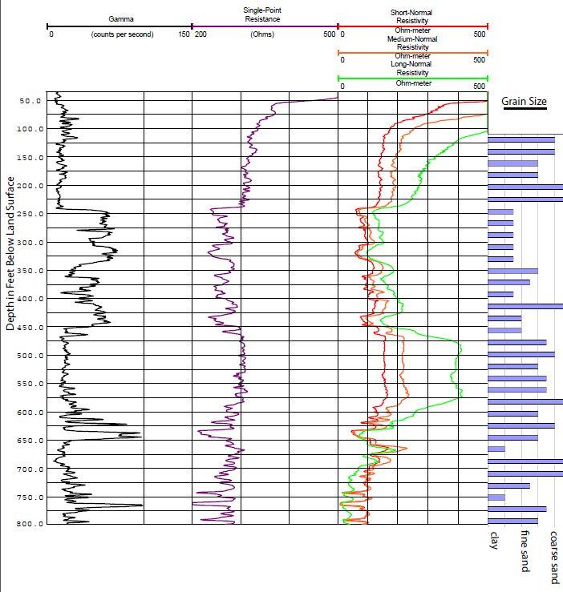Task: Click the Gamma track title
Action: (121, 17)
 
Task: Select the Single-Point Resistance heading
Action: (262, 14)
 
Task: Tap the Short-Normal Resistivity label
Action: (411, 17)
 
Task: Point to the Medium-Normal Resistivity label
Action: (411, 43)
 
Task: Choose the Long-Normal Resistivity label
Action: (411, 68)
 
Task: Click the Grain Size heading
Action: (524, 102)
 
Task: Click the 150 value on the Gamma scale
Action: (184, 35)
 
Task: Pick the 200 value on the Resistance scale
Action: (200, 35)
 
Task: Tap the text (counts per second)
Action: (122, 35)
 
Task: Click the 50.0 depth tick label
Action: (30, 101)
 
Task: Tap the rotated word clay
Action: (494, 541)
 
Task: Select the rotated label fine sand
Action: (525, 551)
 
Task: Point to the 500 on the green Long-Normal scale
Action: (480, 86)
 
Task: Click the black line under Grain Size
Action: (524, 111)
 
